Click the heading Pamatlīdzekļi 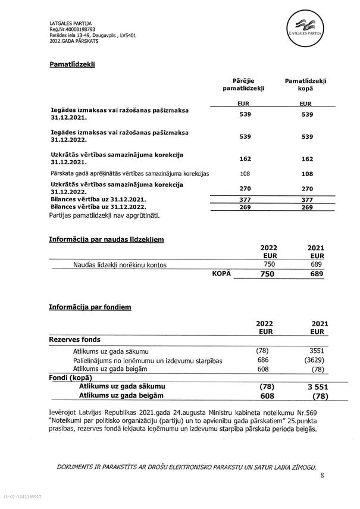(72, 64)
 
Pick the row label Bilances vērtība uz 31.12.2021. (99, 201)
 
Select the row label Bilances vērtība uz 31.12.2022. (99, 208)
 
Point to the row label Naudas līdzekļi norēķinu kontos (120, 264)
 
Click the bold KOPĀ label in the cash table (221, 273)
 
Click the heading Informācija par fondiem (90, 307)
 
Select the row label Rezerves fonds (73, 339)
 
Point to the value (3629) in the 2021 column (317, 360)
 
